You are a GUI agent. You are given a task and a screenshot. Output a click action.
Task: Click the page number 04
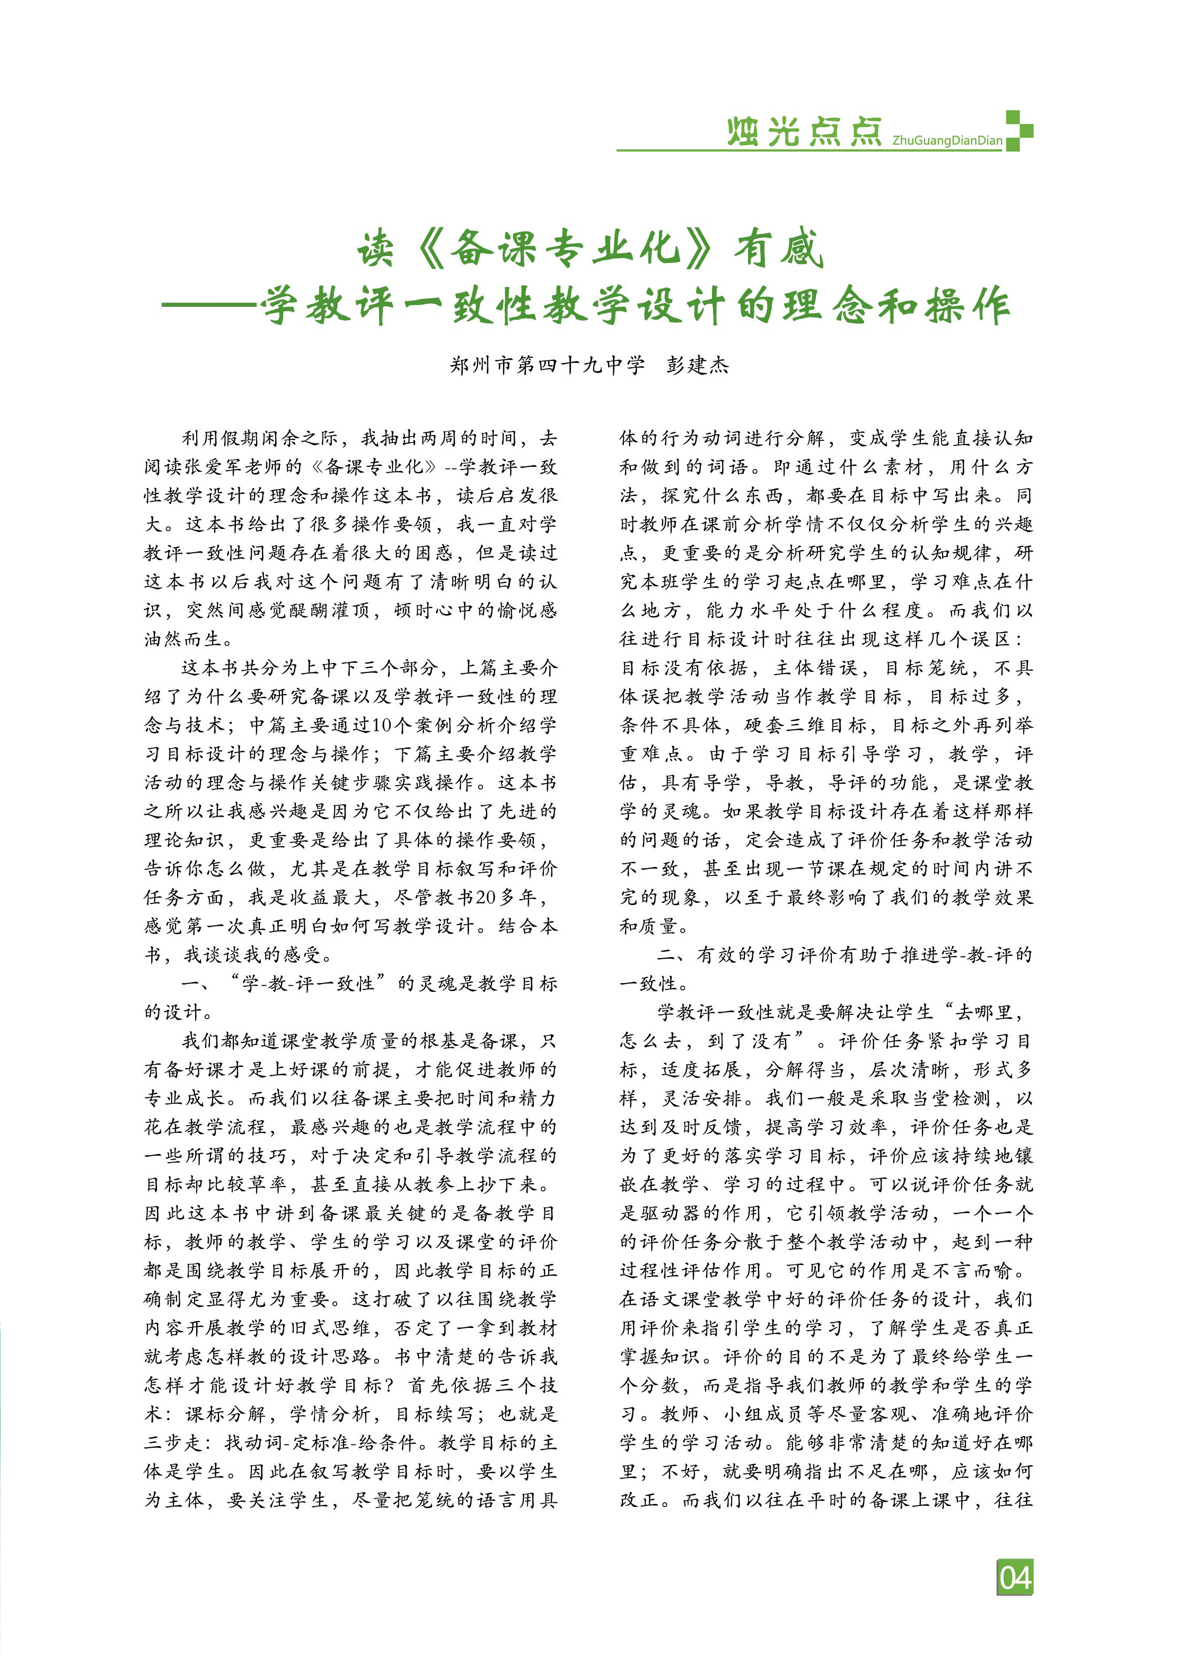1015,1577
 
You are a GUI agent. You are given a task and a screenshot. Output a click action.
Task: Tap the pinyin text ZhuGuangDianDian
947,140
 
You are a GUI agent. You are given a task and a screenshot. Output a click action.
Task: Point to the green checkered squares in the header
1018,130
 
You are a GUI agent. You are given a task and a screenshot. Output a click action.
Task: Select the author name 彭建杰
697,365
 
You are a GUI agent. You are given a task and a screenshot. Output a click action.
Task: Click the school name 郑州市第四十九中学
547,365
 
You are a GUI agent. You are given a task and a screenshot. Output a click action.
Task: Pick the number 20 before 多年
486,898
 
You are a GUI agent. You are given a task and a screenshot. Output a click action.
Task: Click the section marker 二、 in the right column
669,955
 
